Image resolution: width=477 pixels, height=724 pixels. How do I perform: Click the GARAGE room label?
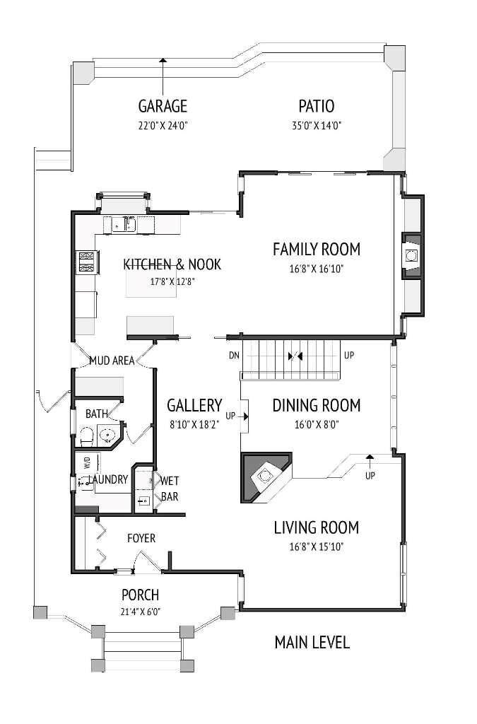click(x=163, y=106)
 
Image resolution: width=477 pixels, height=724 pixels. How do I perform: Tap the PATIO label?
click(x=317, y=106)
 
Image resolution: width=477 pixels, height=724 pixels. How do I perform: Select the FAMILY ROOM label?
click(x=317, y=250)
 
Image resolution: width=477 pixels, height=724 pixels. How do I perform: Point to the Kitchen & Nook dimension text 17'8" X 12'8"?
click(x=172, y=281)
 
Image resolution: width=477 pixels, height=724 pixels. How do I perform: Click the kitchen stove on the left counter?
click(x=87, y=262)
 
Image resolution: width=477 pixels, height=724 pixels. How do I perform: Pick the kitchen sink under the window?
click(x=124, y=225)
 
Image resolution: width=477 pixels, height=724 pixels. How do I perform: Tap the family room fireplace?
click(x=411, y=256)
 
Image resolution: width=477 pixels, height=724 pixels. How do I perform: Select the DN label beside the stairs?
click(x=234, y=356)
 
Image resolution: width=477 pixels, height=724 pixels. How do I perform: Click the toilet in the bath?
click(x=87, y=436)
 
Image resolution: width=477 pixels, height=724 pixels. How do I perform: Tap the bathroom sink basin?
click(x=108, y=435)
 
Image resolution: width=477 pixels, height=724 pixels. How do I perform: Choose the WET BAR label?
click(x=170, y=489)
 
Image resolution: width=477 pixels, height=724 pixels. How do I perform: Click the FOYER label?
click(x=141, y=538)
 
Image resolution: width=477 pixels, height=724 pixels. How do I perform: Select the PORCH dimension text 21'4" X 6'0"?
click(x=140, y=612)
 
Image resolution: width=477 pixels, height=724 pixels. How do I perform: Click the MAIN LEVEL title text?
click(x=312, y=642)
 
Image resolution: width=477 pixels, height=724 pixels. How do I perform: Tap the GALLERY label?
click(x=194, y=405)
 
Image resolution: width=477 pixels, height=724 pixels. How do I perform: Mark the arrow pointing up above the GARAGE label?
click(x=163, y=76)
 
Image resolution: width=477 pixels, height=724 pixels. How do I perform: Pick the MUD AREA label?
click(x=112, y=361)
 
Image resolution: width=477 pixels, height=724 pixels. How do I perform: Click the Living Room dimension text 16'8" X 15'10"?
click(x=317, y=547)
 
